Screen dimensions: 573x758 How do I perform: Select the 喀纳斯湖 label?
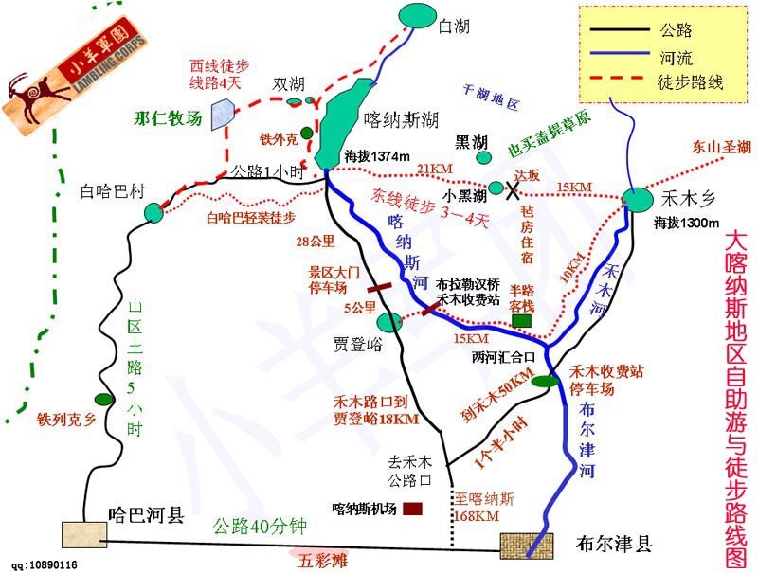coord(401,120)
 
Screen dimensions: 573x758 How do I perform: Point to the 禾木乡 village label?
coord(686,200)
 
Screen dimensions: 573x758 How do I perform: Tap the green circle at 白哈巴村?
coord(154,212)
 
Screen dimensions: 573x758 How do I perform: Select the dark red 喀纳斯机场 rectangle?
coord(412,510)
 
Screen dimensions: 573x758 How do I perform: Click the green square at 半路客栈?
coord(521,321)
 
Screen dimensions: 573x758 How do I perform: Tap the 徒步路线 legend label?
coord(690,83)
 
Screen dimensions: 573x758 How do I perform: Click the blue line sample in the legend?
coord(615,59)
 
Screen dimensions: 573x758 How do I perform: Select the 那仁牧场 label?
coord(169,119)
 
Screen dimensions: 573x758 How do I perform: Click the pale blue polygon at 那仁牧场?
coord(223,113)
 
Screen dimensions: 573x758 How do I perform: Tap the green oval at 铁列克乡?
coord(99,399)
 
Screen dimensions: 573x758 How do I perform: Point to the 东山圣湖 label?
coord(721,147)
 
